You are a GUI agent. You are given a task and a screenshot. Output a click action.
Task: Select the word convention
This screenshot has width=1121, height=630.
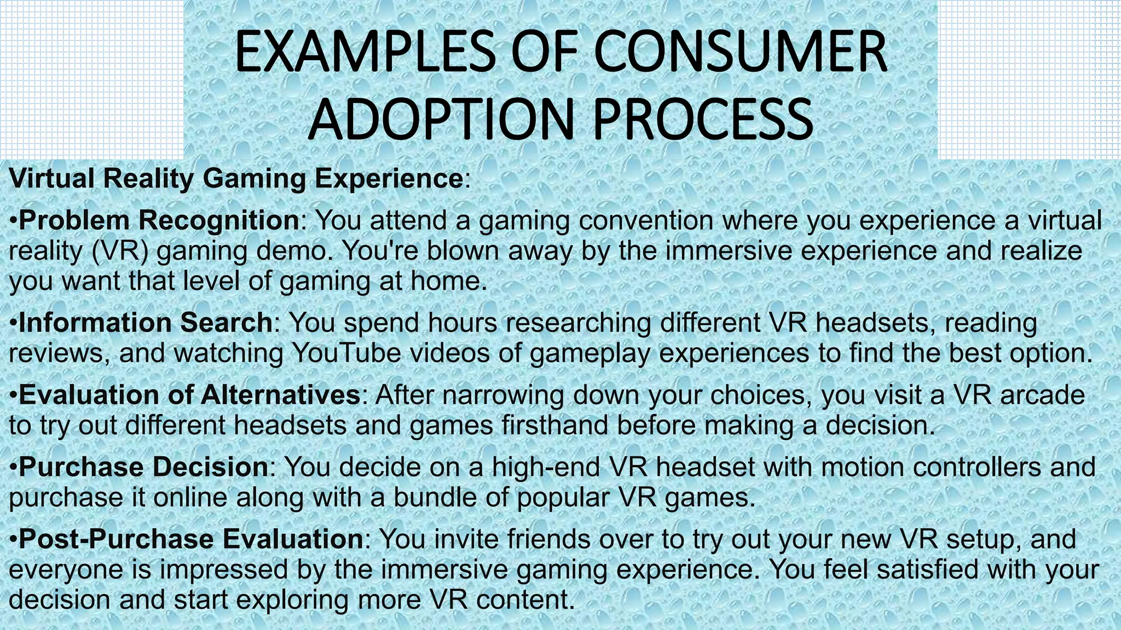tap(643, 220)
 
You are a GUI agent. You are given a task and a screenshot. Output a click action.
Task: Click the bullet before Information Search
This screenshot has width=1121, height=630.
tap(14, 323)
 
